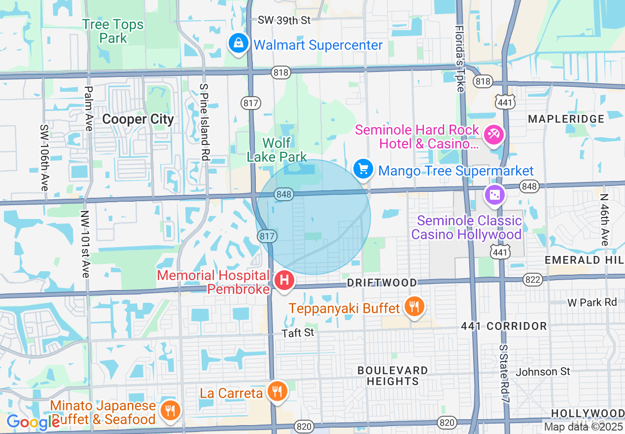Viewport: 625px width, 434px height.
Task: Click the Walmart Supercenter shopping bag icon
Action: (x=239, y=44)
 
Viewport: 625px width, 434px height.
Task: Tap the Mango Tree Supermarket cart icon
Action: (x=363, y=169)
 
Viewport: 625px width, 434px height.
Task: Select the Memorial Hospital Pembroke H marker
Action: (x=284, y=281)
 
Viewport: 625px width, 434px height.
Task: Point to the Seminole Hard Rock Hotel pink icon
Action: (x=493, y=135)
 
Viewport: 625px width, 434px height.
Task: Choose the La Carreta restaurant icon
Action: (x=277, y=391)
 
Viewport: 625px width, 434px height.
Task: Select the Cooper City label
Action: (x=138, y=119)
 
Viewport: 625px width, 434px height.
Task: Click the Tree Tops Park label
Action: (x=113, y=31)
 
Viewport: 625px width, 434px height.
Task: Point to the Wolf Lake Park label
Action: (x=277, y=150)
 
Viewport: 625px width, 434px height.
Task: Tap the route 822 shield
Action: (x=533, y=280)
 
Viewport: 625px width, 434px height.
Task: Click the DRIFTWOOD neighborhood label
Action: (x=382, y=283)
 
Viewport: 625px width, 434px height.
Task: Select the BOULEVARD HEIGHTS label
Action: (x=393, y=376)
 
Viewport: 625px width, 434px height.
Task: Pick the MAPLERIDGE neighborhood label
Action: (x=566, y=119)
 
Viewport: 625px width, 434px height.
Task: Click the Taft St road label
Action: (x=298, y=333)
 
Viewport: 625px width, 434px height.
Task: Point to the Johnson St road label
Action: (x=543, y=371)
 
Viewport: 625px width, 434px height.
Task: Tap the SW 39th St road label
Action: (x=284, y=20)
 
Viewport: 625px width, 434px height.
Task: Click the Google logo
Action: (x=33, y=422)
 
